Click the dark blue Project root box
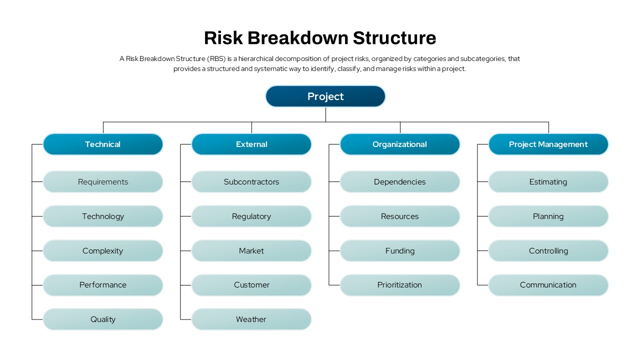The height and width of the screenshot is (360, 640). tap(325, 96)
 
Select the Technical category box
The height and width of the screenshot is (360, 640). tap(103, 144)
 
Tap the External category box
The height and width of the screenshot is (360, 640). tap(251, 144)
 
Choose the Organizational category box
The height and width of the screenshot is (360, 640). tap(399, 144)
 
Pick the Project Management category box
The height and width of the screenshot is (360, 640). tap(548, 144)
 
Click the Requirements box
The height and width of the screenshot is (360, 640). tap(103, 181)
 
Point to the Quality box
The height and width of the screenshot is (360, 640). tap(103, 319)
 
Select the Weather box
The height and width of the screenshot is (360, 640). tap(251, 319)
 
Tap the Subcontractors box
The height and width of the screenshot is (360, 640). tap(251, 181)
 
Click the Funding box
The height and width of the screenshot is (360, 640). tap(399, 251)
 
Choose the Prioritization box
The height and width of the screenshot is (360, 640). tap(399, 285)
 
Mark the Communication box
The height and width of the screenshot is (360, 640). tap(548, 285)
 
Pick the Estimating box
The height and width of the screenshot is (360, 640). tap(548, 181)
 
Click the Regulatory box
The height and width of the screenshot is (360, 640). tap(251, 216)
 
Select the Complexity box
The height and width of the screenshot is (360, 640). tap(103, 251)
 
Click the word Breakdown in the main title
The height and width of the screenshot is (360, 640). tap(298, 37)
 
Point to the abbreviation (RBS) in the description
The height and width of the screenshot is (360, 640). tap(216, 59)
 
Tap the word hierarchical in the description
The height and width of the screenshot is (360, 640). tap(255, 58)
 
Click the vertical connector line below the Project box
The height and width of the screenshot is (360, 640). tap(325, 114)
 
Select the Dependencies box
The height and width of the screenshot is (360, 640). tap(399, 181)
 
